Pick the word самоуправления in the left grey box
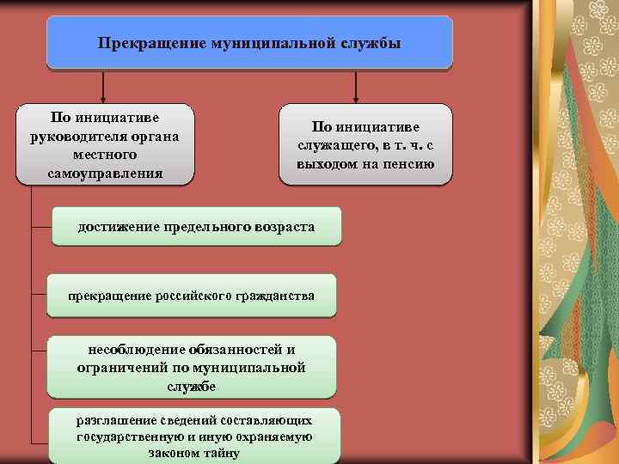pos(104,174)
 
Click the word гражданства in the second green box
pos(274,296)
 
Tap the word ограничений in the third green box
pos(118,368)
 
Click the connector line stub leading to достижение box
pos(42,227)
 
